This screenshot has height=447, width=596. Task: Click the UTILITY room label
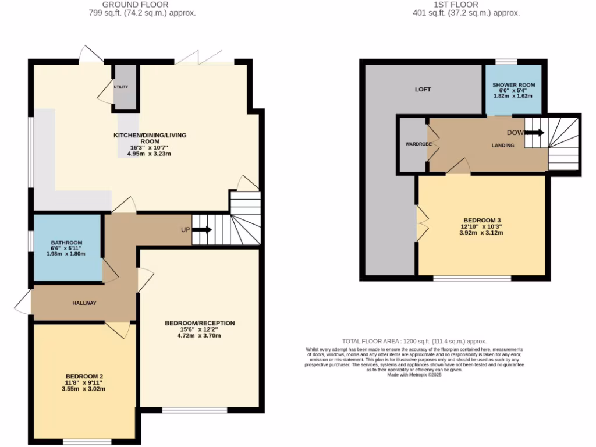[x=121, y=87]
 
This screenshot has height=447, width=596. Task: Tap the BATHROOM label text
[x=66, y=243]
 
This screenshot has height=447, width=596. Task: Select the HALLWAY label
[x=84, y=303]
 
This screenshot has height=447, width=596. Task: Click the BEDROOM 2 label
[x=84, y=375]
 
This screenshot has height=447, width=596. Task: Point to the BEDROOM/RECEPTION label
[x=200, y=323]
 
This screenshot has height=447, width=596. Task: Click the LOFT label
[x=423, y=90]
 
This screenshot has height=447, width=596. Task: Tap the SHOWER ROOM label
[x=513, y=85]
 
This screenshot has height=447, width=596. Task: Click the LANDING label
[x=502, y=146]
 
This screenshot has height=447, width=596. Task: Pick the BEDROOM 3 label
[x=481, y=220]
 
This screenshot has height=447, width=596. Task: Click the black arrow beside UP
[x=202, y=230]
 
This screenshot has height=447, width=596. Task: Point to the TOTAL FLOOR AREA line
[x=414, y=342]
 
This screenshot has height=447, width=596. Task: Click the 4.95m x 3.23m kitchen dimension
[x=149, y=154]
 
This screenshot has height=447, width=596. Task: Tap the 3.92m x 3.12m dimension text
[x=481, y=233]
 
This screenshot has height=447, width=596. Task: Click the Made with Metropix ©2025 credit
[x=414, y=375]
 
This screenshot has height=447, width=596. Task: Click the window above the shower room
[x=506, y=61]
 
